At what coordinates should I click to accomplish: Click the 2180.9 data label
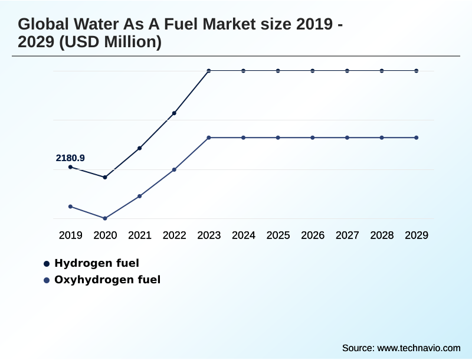70,158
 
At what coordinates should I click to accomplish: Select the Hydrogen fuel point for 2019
70,167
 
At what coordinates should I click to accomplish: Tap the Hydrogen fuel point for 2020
105,177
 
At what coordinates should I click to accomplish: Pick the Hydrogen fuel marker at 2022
174,113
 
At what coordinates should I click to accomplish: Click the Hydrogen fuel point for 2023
209,71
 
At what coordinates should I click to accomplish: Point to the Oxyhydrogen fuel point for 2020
105,218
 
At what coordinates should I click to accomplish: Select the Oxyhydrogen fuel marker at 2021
140,196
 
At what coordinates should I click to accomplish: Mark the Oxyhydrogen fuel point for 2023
209,138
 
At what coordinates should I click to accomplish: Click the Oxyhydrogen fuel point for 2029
417,138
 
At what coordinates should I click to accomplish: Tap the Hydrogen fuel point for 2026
313,71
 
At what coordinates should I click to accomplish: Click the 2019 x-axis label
70,235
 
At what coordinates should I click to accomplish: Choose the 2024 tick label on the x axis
244,235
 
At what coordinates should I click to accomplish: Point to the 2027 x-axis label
348,235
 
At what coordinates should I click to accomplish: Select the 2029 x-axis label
417,235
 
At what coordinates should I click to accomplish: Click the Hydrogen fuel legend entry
96,263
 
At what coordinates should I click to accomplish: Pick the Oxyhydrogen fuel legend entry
107,280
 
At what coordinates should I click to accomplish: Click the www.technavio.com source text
419,348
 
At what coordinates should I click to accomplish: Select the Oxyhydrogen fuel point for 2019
70,207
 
